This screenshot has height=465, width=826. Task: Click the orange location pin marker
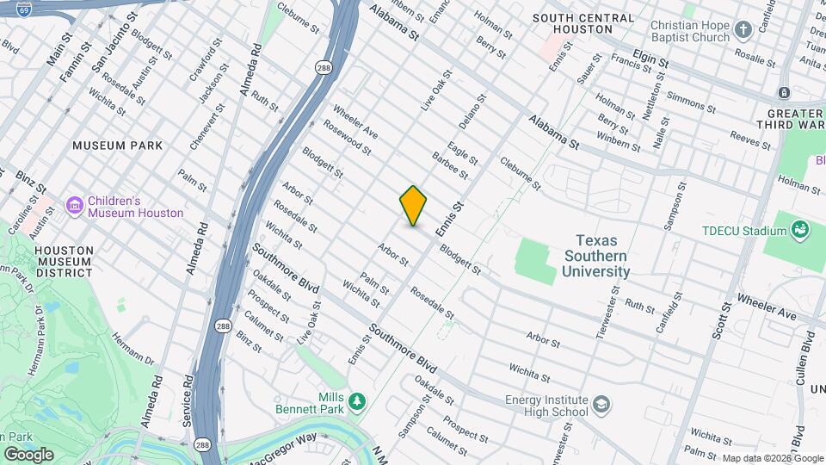point(413,206)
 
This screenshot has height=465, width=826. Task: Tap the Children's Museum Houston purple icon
point(75,205)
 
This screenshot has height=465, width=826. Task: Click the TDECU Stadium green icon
point(800,230)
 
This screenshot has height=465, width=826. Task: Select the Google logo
point(28,454)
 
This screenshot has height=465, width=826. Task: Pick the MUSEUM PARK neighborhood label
point(117,146)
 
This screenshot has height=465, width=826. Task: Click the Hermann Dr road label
point(138,343)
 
